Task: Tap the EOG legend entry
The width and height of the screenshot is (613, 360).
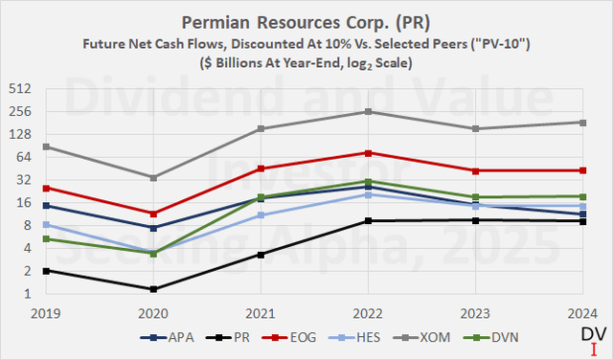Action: point(275,338)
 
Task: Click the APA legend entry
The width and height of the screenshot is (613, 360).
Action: point(148,338)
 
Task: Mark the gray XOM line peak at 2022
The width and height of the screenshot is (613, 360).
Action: point(369,112)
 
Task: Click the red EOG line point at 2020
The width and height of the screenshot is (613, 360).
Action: point(153,214)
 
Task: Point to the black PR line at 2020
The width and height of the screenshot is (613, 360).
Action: point(153,289)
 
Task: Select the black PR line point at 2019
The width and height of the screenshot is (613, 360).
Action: point(46,271)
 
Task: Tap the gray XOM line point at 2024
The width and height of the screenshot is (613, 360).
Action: point(583,123)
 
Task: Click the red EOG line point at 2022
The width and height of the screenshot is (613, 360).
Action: point(369,153)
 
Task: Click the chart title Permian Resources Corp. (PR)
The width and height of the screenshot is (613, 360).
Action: point(306,21)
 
